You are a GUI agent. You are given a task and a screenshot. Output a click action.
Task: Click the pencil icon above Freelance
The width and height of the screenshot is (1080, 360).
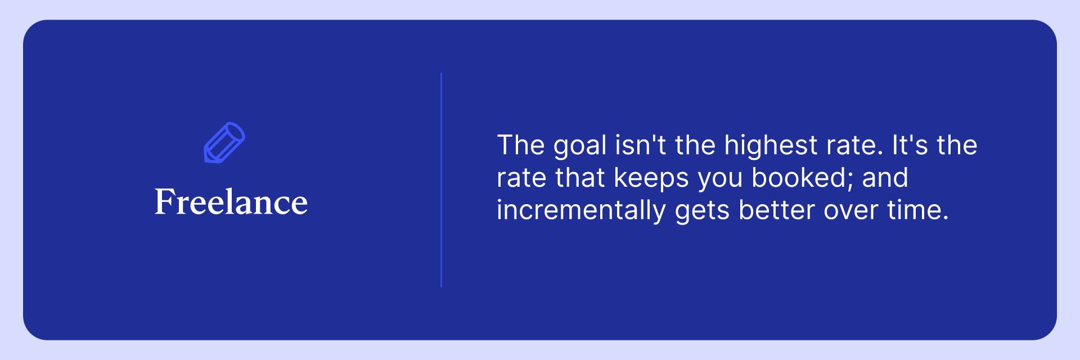click(x=224, y=143)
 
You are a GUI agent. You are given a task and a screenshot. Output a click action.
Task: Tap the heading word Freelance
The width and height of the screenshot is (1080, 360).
click(x=231, y=202)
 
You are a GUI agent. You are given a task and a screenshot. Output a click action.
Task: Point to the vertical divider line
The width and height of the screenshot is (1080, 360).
click(x=442, y=180)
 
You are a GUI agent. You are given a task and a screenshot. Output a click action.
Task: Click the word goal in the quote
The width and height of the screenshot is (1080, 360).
click(x=580, y=146)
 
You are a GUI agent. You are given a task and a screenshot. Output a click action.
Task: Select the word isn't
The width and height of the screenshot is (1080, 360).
click(x=641, y=145)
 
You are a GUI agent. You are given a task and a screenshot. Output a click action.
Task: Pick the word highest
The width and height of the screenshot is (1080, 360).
click(x=771, y=146)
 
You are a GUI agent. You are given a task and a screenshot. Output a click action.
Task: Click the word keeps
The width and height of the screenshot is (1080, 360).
click(x=651, y=179)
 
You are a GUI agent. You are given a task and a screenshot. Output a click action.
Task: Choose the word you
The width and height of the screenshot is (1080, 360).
click(x=721, y=181)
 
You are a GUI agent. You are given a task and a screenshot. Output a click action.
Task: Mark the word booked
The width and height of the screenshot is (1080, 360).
click(x=799, y=178)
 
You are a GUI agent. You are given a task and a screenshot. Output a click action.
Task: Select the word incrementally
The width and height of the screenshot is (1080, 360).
click(x=582, y=211)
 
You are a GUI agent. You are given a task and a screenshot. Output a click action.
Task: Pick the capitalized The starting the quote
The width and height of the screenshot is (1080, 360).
click(x=521, y=145)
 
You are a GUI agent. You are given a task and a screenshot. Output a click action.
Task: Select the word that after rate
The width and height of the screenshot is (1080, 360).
click(x=580, y=178)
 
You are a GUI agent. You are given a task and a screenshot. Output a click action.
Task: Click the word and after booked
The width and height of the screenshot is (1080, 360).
click(x=885, y=178)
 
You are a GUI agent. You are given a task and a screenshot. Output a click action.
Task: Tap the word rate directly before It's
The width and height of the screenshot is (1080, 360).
click(x=852, y=146)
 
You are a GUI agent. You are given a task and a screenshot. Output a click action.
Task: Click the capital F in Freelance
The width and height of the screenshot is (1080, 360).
click(x=165, y=201)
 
